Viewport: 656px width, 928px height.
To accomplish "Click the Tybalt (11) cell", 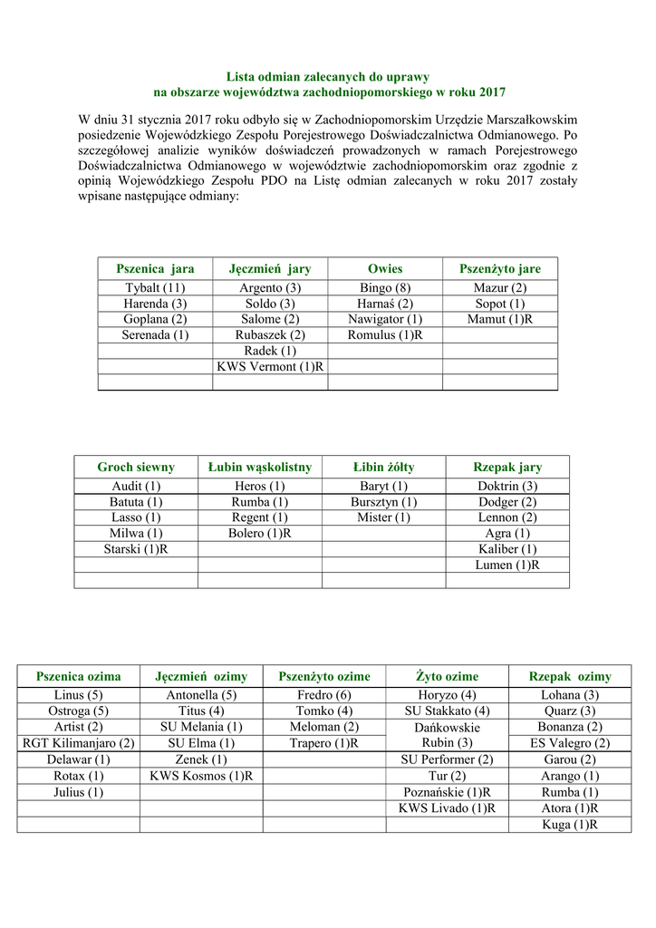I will tap(155, 288).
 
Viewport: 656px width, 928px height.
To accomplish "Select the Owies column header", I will tap(385, 269).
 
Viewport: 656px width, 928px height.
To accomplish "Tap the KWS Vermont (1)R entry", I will tap(270, 366).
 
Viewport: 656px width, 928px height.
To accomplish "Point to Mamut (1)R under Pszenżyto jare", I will tap(500, 319).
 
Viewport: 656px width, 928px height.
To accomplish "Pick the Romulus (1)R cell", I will tap(385, 335).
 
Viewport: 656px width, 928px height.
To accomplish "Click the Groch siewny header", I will tap(136, 468).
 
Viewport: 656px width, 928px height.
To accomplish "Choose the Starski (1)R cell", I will tap(136, 549).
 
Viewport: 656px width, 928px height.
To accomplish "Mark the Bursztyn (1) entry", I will tap(383, 502).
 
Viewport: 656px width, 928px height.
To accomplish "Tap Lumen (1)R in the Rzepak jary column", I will tap(507, 565).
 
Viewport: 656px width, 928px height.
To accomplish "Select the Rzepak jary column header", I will tap(507, 468).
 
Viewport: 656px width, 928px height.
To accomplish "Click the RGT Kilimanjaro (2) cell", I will tap(78, 743).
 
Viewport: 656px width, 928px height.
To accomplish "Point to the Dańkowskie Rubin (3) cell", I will tap(448, 735).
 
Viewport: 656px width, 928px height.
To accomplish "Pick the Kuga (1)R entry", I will tap(570, 825).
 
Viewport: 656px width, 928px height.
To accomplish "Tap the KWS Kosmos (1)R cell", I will tap(201, 776).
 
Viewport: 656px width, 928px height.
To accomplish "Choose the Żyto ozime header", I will tap(448, 677).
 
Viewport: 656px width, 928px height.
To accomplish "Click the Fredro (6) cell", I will tap(324, 695).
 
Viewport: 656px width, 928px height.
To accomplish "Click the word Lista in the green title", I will tap(241, 77).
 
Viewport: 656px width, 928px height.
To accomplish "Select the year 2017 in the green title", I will tap(492, 92).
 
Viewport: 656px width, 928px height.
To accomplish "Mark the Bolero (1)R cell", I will tap(260, 533).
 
